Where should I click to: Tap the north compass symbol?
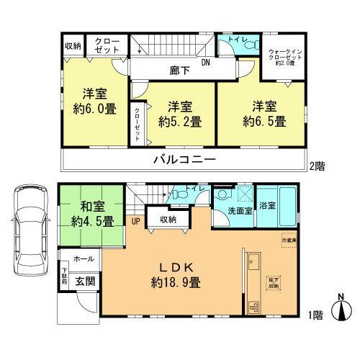(341, 309)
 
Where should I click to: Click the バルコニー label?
(184, 159)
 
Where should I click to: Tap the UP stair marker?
(135, 220)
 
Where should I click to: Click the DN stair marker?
(205, 63)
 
